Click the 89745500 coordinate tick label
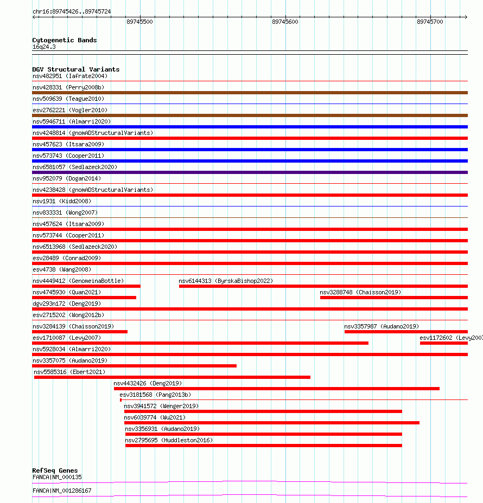139,22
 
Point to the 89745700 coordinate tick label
430,22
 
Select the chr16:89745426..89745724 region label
72,11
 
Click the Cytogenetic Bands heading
64,40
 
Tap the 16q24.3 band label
44,47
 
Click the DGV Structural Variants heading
75,69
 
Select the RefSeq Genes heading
55,470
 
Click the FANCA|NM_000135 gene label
57,477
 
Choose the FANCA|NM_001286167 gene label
62,491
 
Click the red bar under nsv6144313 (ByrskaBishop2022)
323,286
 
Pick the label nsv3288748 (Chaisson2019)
360,292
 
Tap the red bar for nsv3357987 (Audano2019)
405,332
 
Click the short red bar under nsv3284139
80,332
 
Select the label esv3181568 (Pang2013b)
155,395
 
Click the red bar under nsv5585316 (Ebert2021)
172,377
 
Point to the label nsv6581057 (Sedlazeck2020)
74,167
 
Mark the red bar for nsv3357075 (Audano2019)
134,366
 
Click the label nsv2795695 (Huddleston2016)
169,440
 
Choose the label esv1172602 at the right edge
450,338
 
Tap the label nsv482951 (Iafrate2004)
70,76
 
